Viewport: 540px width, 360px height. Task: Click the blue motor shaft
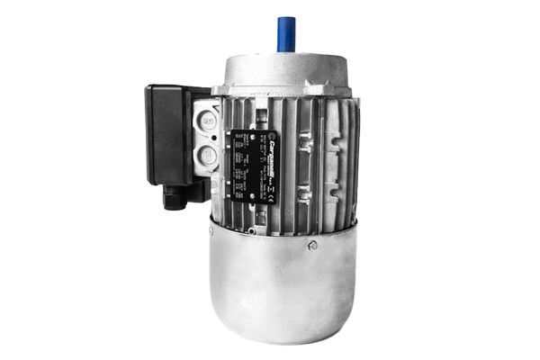point(287,33)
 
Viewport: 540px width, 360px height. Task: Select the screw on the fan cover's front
point(312,245)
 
